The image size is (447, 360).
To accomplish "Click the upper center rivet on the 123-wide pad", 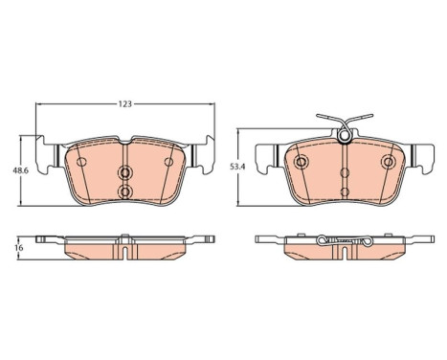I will coord(124,173).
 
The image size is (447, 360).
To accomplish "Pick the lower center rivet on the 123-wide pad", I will coord(124,192).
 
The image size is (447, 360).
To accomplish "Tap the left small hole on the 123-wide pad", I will coord(80,162).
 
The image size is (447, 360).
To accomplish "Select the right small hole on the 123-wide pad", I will coord(169,162).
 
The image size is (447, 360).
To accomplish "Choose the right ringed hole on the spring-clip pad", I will coord(390,162).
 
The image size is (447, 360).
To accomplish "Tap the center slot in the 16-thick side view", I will coord(124,251).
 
